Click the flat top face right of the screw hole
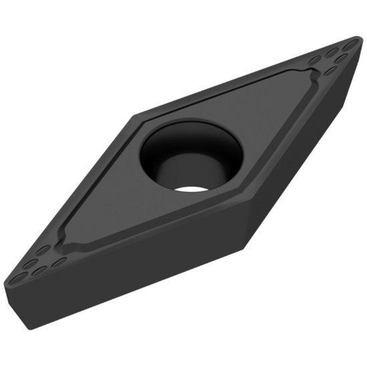point(267,127)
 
